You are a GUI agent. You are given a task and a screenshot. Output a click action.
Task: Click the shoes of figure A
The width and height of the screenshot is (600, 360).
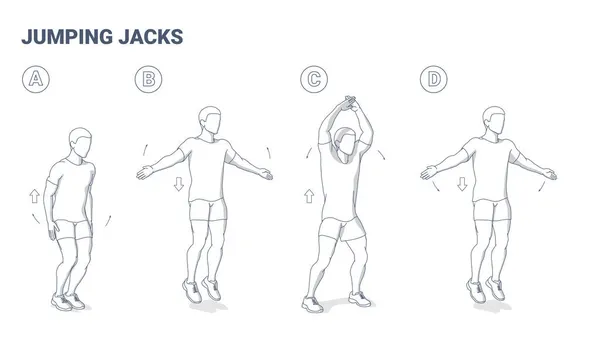pos(67,299)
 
